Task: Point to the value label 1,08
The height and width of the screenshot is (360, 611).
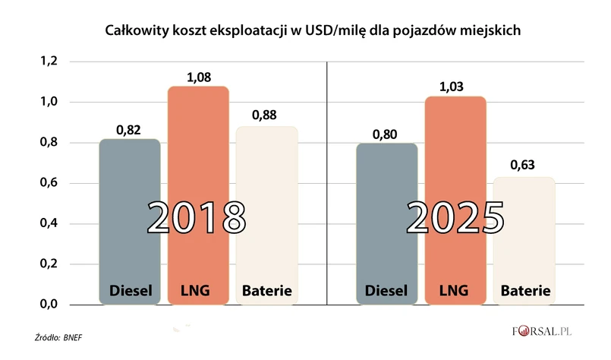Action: (x=198, y=77)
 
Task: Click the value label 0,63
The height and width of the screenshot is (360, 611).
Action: (x=524, y=165)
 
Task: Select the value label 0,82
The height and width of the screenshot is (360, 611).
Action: (x=130, y=129)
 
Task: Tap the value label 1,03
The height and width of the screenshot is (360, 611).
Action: (x=455, y=87)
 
